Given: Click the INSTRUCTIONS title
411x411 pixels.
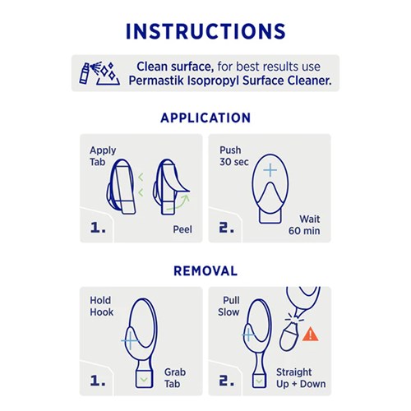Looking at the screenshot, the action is tap(205, 31).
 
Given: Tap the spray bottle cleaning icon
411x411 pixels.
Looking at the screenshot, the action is tap(99, 73).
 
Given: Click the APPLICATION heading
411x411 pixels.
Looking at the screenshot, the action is tap(205, 118).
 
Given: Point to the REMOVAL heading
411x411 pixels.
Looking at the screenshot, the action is tap(205, 271).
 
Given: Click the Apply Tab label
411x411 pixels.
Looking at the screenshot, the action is tap(103, 156).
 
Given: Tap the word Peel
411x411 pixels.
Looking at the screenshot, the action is tap(182, 229).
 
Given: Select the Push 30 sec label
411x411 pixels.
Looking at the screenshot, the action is tap(234, 156).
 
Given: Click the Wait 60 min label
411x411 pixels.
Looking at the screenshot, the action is tap(304, 225).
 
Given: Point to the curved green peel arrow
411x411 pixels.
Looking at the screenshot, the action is tap(181, 203).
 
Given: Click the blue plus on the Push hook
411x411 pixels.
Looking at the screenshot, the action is tap(270, 170).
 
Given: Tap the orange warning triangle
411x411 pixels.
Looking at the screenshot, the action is tap(310, 334).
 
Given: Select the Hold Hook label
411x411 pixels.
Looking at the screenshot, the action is tap(101, 307).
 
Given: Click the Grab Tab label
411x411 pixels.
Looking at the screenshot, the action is tap(175, 378).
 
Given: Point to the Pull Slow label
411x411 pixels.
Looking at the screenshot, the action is tap(229, 307).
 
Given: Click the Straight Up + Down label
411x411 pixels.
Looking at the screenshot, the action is tap(301, 378).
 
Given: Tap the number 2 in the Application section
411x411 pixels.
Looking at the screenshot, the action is tap(226, 227).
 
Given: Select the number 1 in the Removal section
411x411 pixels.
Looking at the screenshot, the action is tap(98, 381).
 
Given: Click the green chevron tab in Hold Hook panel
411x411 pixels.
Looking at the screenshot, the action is tap(144, 380).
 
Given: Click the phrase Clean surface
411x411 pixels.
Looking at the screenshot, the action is tap(175, 67).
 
